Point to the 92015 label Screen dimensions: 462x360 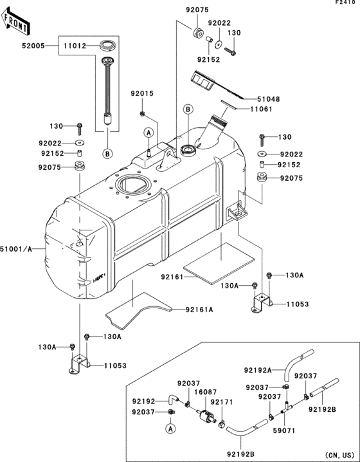(x=143, y=93)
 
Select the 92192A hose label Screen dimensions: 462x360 (x=257, y=370)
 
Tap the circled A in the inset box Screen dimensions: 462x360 (x=170, y=427)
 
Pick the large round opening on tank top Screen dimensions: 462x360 (x=132, y=185)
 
